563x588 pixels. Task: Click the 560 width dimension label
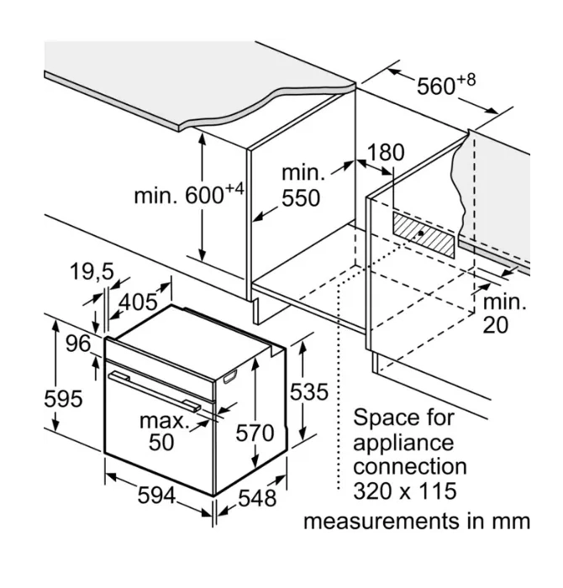[x=445, y=86]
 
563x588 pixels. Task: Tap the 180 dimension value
[x=386, y=154]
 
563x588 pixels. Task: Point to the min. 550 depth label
[x=301, y=186]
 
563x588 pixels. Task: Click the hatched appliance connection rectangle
[x=424, y=234]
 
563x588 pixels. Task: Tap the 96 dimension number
[x=77, y=344]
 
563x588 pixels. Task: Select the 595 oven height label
[x=63, y=399]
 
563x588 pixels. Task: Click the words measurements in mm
[x=417, y=522]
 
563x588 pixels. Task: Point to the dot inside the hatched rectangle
[x=421, y=234]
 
